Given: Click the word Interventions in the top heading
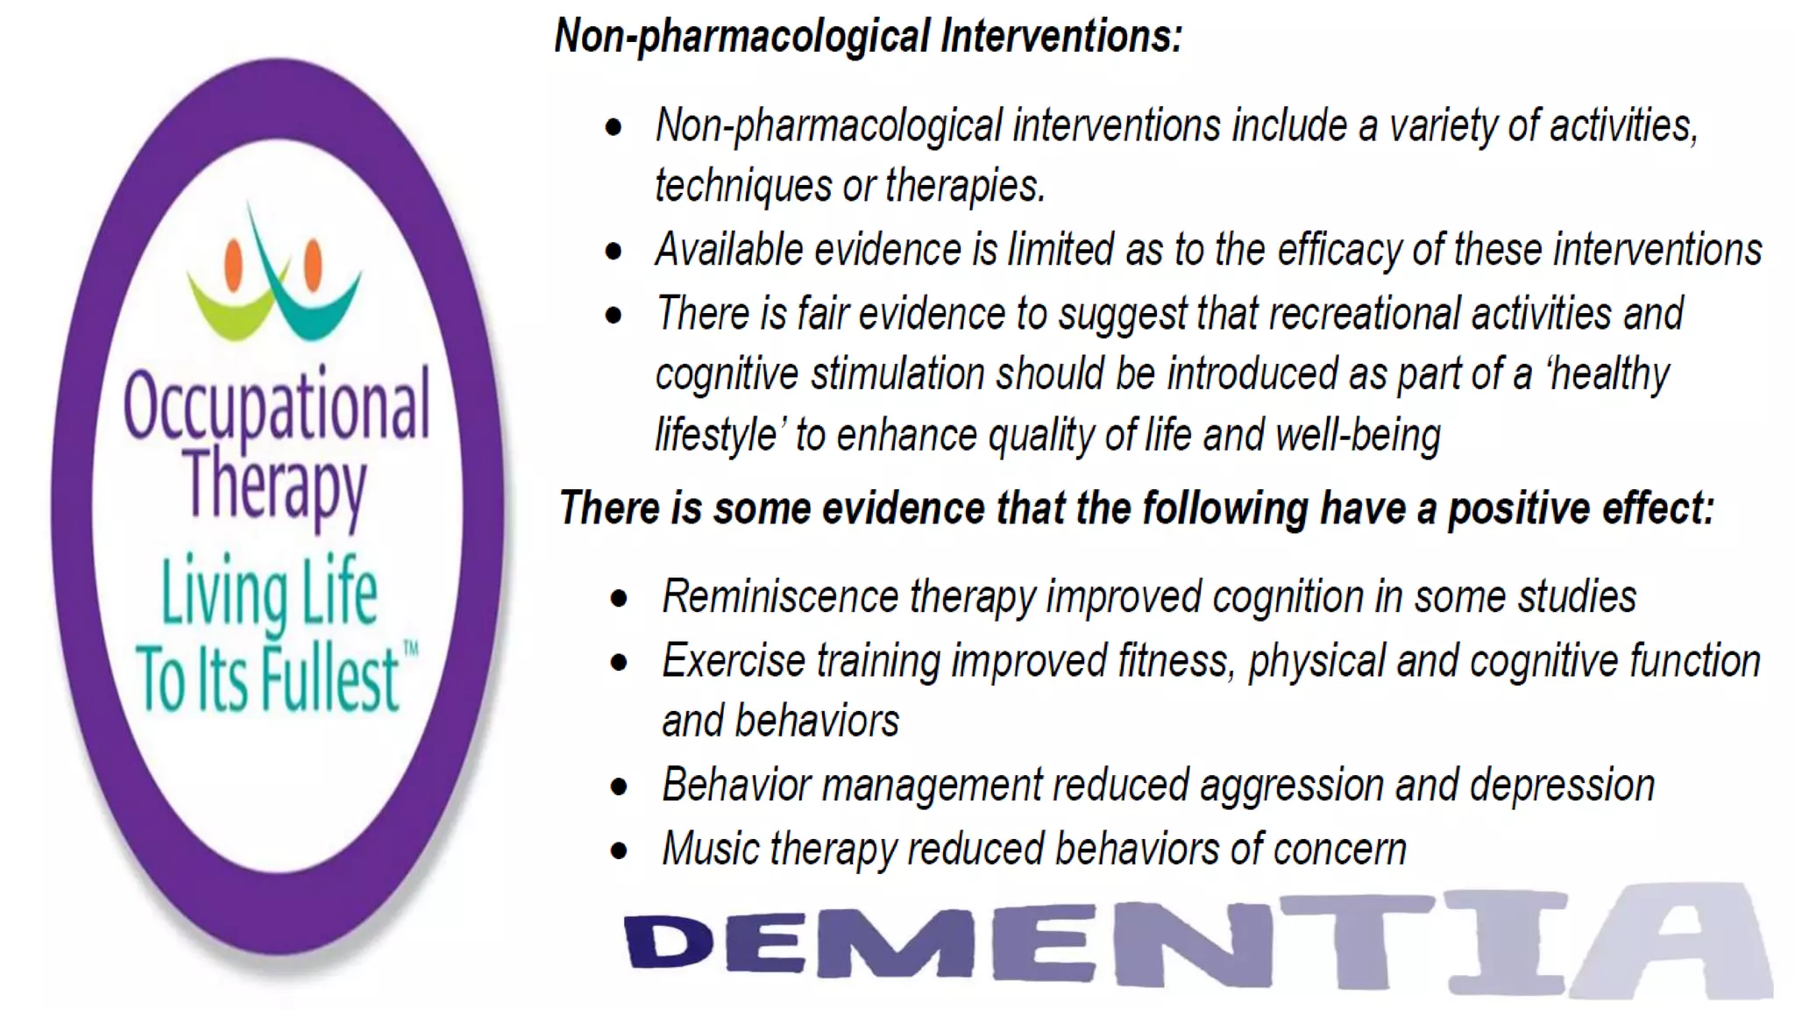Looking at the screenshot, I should click(x=1061, y=37).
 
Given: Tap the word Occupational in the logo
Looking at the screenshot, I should click(x=276, y=405).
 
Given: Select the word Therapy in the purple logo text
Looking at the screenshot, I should click(x=275, y=484).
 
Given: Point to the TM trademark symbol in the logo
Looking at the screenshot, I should click(x=410, y=649).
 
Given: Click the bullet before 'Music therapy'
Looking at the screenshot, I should click(x=620, y=850).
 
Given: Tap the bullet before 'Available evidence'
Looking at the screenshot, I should click(x=614, y=252).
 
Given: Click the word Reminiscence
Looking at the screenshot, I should click(x=780, y=597).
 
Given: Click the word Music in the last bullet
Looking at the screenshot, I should click(x=711, y=849).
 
